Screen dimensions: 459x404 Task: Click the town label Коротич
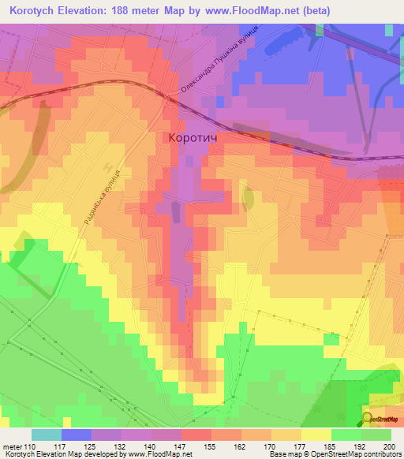click(193, 137)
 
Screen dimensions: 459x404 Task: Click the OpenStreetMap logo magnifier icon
click(367, 419)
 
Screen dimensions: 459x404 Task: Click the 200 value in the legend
click(387, 446)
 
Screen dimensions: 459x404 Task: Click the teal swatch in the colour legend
click(47, 435)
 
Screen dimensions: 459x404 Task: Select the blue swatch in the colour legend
click(77, 435)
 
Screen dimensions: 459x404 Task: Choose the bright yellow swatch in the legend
click(316, 435)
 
